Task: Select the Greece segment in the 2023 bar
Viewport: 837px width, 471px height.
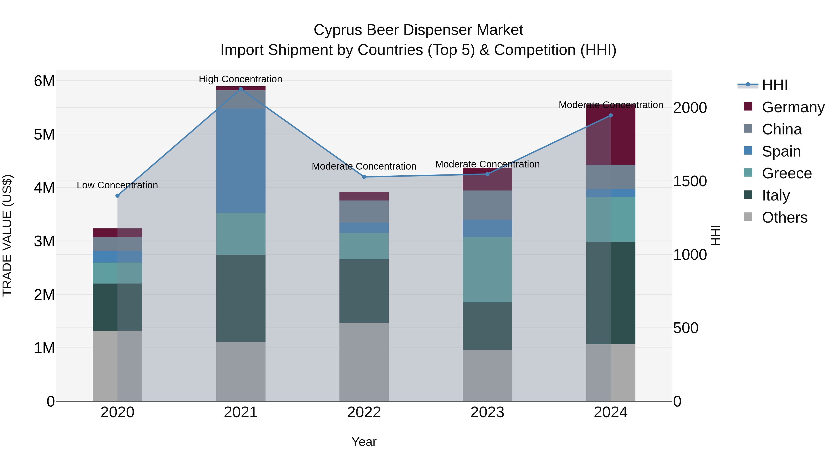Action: [x=487, y=270]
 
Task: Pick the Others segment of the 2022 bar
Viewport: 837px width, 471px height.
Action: [x=364, y=361]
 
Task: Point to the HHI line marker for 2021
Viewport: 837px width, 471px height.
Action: [x=241, y=89]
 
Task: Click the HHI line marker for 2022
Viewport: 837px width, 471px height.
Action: [x=364, y=177]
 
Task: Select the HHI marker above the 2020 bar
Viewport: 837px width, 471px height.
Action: [x=118, y=196]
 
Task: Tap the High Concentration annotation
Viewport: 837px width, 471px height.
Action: [x=240, y=79]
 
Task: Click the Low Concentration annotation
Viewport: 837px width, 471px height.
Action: [x=117, y=185]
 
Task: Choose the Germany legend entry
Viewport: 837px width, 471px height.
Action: [x=793, y=107]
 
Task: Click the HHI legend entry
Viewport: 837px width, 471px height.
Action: [x=775, y=85]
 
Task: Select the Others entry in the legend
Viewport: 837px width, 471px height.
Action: [x=784, y=217]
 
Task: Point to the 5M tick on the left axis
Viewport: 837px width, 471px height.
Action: [x=44, y=134]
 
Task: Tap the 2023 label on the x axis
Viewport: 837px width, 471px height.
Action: [x=487, y=412]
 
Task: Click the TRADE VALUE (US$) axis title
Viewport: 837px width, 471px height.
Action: [x=7, y=235]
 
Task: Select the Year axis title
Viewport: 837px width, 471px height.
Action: [x=364, y=442]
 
